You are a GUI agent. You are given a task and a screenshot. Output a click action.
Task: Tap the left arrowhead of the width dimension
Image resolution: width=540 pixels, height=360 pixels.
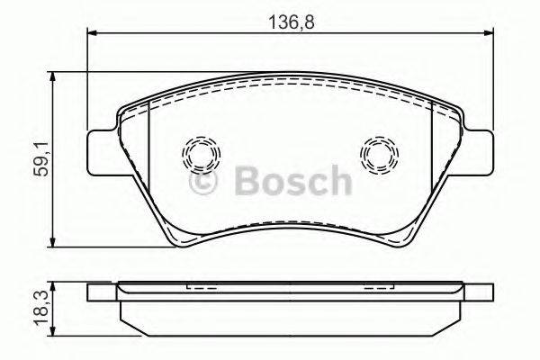click(92, 34)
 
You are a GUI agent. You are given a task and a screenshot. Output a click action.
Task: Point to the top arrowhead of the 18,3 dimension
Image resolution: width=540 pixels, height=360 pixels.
click(57, 285)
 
